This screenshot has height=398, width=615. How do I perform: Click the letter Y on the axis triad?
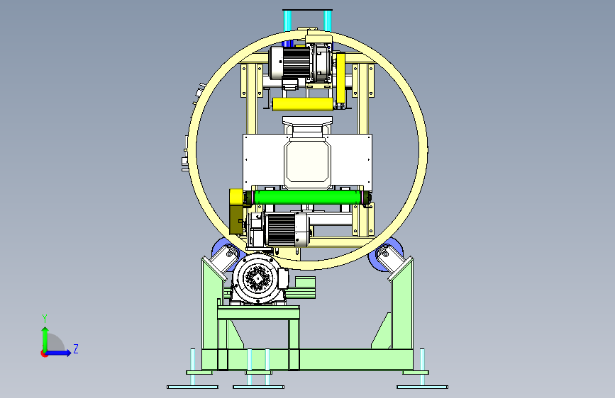point(45,318)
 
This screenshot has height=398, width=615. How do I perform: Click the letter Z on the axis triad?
point(76,348)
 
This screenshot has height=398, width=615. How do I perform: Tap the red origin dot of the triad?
point(44,353)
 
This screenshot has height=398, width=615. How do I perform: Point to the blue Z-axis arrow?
point(59,353)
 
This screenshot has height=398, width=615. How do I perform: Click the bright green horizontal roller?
point(307,198)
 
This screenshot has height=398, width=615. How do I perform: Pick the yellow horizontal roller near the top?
point(303,104)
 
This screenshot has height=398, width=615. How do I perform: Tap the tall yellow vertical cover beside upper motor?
point(340,79)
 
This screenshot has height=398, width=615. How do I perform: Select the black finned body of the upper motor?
point(296,63)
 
